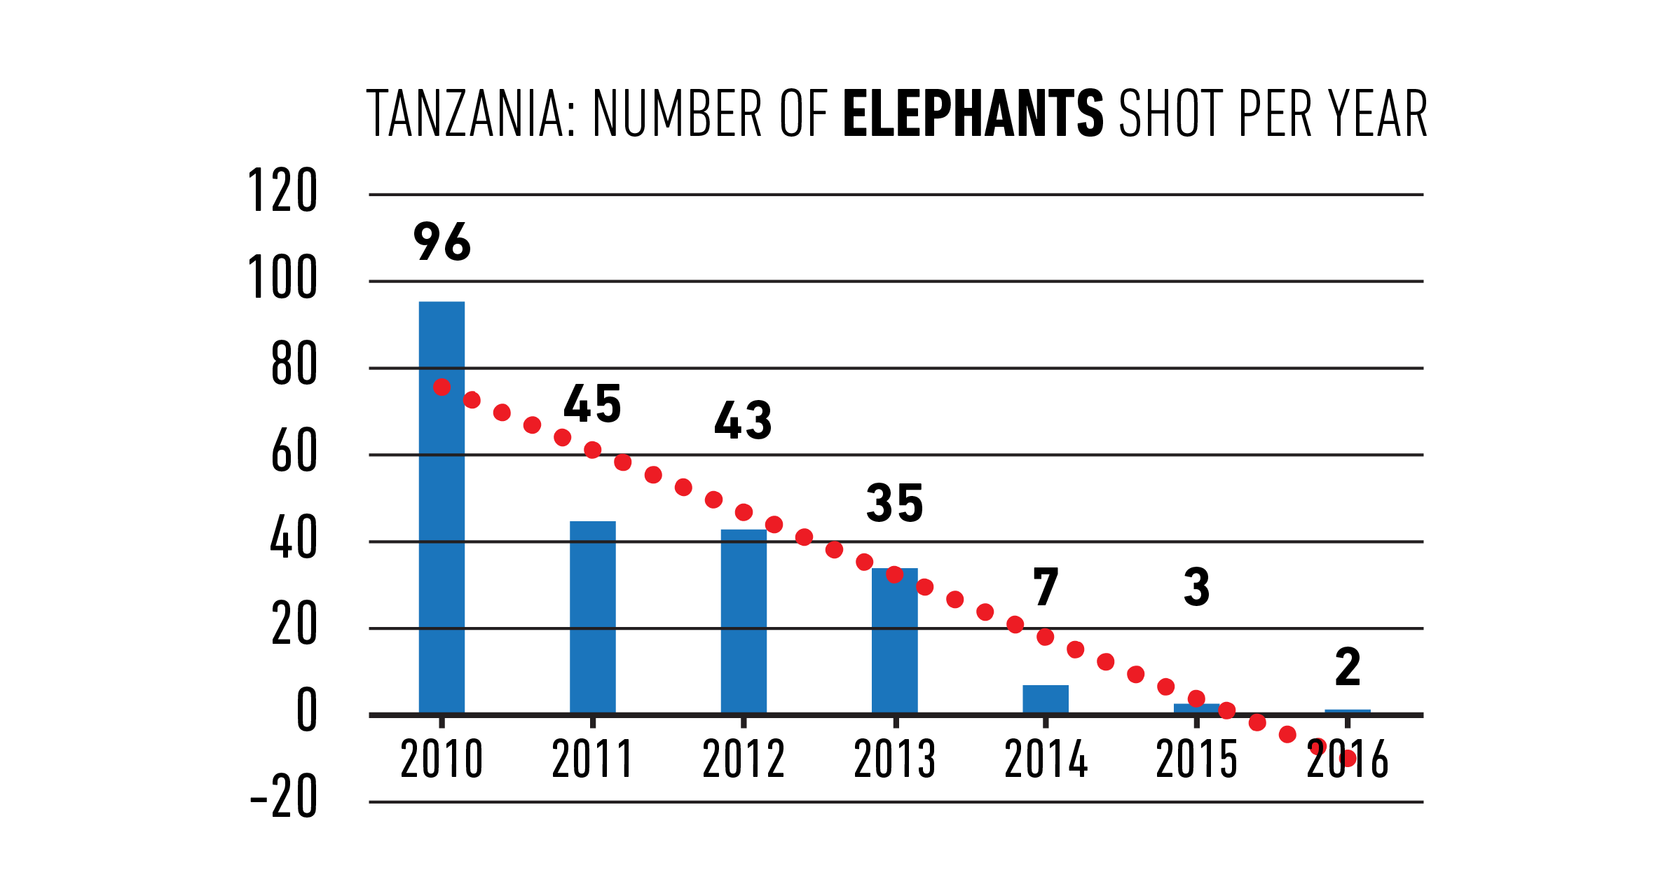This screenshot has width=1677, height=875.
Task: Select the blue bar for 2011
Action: point(592,616)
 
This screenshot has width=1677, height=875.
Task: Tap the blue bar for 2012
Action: point(744,621)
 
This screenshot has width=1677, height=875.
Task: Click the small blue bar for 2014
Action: point(1045,699)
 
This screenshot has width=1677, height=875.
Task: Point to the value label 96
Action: point(442,242)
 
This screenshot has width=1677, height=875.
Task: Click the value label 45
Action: point(592,404)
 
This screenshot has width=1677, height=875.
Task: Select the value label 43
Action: point(743,421)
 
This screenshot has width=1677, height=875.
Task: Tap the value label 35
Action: point(895,503)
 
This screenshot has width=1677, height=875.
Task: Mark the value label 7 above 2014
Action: point(1045,587)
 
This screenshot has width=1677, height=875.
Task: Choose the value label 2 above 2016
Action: point(1347,667)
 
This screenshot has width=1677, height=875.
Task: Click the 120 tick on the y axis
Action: point(282,191)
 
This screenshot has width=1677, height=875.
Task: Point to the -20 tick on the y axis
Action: point(284,797)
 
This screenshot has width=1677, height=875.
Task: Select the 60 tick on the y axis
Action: point(294,451)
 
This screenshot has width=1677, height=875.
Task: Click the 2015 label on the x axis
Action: point(1196,759)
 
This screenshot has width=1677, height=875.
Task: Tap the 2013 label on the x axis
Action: point(894,759)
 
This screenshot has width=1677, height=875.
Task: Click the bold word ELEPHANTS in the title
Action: point(973,113)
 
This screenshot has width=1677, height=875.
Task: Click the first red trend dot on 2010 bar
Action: point(442,387)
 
